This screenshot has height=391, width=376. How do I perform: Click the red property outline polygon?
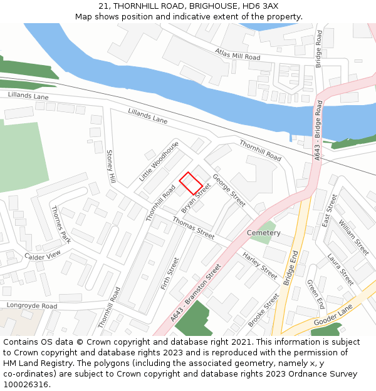[191, 183]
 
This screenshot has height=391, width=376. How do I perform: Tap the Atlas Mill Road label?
[237, 54]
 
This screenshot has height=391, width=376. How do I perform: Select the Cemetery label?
[264, 233]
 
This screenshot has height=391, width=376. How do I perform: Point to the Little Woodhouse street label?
[159, 161]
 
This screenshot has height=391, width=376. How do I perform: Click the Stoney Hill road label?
[111, 166]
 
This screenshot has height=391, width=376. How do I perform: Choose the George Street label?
[229, 190]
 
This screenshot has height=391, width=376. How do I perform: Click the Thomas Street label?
[194, 229]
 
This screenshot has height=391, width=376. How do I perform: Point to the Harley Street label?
[260, 265]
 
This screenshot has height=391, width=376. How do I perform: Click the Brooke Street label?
[263, 310]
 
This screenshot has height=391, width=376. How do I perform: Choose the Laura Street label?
[340, 269]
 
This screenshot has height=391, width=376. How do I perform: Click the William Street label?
[353, 236]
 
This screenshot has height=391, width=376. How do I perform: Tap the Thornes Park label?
[61, 225]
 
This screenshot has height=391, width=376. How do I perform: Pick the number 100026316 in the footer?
[26, 385]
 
